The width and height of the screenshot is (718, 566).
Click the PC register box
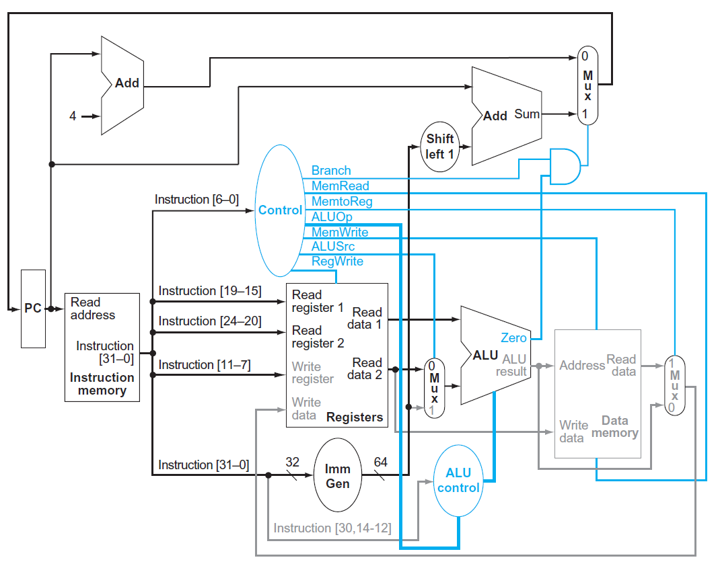click(33, 309)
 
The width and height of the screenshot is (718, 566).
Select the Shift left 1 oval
click(440, 146)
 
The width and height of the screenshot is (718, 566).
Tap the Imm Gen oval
click(338, 476)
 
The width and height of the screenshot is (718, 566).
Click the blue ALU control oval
click(458, 481)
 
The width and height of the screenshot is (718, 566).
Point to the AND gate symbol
click(564, 166)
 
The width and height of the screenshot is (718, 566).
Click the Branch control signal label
click(331, 171)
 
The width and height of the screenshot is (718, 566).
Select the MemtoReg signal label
click(342, 201)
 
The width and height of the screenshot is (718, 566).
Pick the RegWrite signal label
click(337, 261)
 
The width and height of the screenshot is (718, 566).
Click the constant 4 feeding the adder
click(73, 116)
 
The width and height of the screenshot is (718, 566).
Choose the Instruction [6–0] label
click(196, 200)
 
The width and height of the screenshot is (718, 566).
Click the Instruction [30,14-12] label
click(332, 528)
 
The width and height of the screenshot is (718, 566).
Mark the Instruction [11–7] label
click(204, 364)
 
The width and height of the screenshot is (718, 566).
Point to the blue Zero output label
click(513, 337)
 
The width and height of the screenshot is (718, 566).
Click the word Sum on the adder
click(527, 114)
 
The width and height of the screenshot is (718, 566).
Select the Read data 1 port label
click(367, 318)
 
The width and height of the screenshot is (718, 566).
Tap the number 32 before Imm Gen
click(292, 462)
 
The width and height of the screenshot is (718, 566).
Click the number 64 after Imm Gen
click(381, 462)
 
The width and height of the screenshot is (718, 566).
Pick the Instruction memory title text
click(102, 384)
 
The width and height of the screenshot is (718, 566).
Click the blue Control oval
click(280, 210)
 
